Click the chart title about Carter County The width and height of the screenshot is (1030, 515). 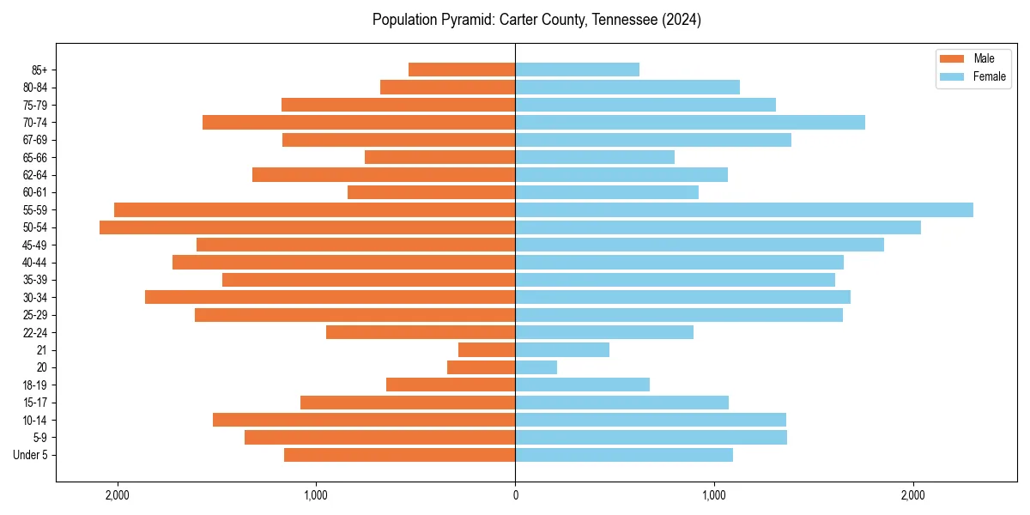pos(536,20)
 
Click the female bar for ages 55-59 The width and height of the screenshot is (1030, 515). pos(743,209)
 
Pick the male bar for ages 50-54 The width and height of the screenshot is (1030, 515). pos(307,227)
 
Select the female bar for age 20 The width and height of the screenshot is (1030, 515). pos(536,367)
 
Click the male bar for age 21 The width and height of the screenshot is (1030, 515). pos(487,350)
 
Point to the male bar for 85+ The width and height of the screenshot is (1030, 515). pos(462,70)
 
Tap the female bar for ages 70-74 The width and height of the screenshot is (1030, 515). pos(689,122)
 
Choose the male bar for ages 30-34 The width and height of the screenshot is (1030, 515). pos(330,297)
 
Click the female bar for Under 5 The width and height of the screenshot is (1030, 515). pos(623,455)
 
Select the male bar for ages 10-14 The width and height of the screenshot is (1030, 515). pos(364,420)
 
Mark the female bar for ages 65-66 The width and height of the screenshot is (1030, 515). pos(594,157)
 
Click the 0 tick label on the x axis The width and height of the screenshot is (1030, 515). pos(515,494)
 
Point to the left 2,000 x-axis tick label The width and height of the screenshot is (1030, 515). pos(117,494)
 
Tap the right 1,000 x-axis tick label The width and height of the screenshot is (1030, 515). pos(714,494)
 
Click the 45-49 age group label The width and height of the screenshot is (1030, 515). pos(35,245)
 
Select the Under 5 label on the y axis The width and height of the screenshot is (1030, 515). pos(31,455)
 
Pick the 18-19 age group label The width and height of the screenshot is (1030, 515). pos(35,385)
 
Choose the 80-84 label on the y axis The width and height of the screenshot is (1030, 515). pos(35,87)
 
